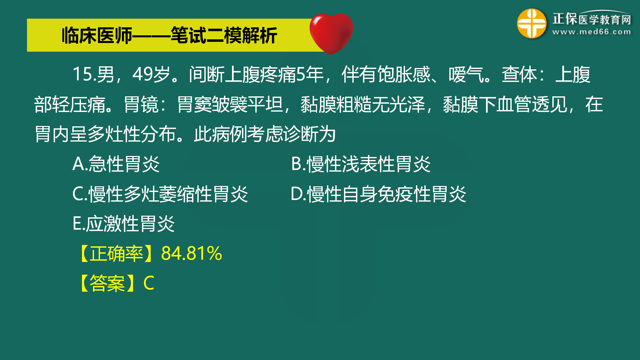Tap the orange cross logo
[x=532, y=23]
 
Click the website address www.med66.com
[x=592, y=32]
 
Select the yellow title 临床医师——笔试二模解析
[x=169, y=35]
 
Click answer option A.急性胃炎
[x=116, y=164]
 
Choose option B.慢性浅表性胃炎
[x=361, y=164]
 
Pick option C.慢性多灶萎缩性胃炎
[x=160, y=194]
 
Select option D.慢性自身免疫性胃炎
[x=378, y=194]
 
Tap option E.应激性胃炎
[x=123, y=223]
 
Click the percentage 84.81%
[x=191, y=253]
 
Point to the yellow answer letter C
[x=149, y=283]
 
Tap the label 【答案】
[x=107, y=283]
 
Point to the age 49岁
[x=151, y=74]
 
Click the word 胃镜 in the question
[x=141, y=104]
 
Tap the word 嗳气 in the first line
[x=466, y=74]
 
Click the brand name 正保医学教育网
[x=592, y=19]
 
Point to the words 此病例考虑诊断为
[x=265, y=134]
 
